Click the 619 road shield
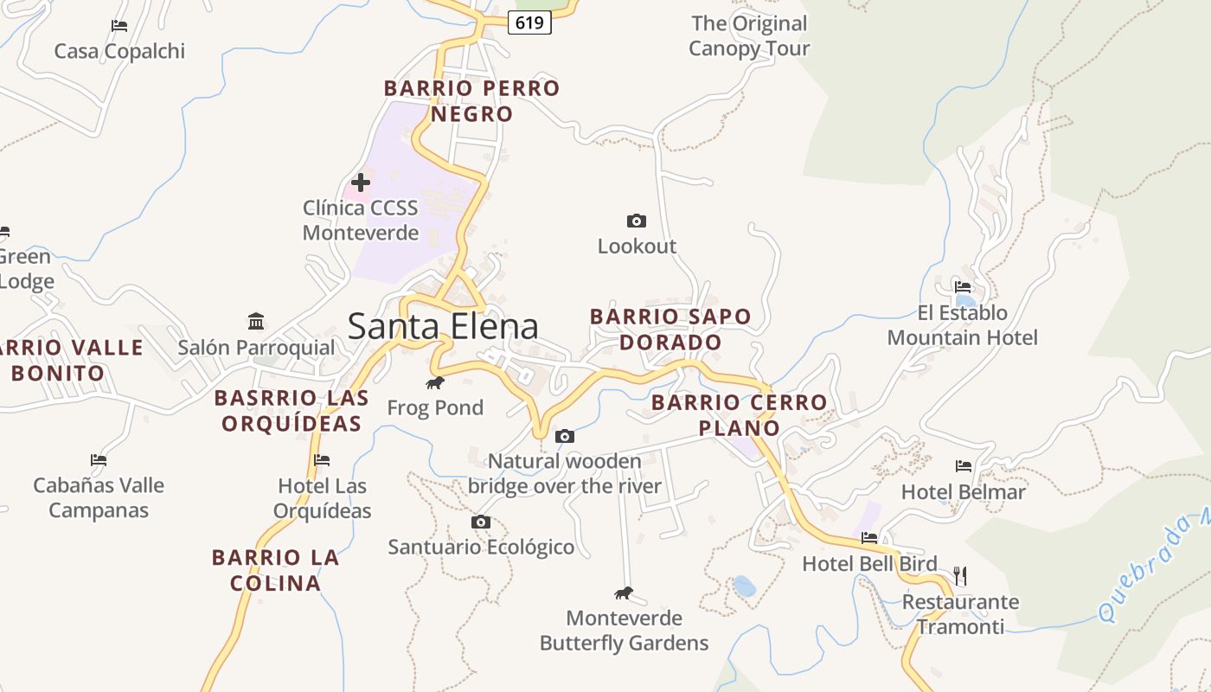click(529, 22)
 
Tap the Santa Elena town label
click(443, 326)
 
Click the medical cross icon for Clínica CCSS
click(361, 183)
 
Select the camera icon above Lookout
click(637, 221)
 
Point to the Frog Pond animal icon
click(435, 382)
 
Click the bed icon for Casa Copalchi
click(119, 26)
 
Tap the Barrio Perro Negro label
click(471, 100)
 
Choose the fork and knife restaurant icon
click(959, 575)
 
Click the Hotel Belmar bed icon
click(964, 466)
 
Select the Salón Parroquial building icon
click(256, 322)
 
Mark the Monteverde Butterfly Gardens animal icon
click(624, 593)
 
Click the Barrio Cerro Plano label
click(739, 414)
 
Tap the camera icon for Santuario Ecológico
click(481, 522)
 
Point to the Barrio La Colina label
click(276, 569)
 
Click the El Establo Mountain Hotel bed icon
click(963, 287)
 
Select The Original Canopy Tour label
click(749, 35)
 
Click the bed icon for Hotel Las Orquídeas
click(322, 460)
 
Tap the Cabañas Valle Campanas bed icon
click(99, 460)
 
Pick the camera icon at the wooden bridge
click(565, 436)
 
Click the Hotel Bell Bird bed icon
click(869, 538)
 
